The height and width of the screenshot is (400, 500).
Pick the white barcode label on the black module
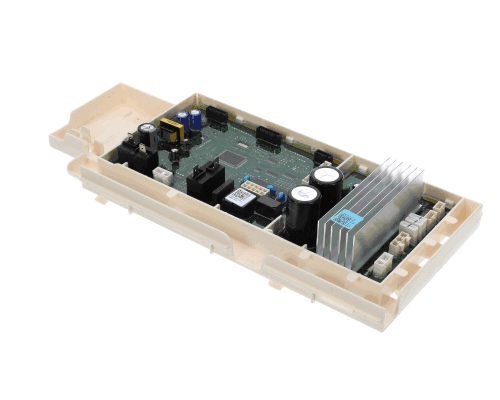point(237,198)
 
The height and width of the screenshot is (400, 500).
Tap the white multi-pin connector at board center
point(259,186)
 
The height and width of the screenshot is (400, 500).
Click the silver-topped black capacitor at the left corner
point(148,133)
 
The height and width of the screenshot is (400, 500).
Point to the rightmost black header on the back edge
point(323,156)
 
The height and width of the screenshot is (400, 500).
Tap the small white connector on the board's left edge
point(161,174)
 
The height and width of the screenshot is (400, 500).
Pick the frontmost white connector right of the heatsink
point(379,264)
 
